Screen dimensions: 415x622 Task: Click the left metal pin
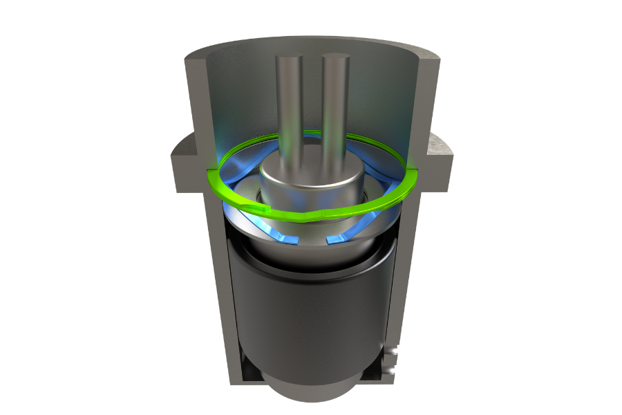coord(288,111)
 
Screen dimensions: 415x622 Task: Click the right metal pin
coord(334,111)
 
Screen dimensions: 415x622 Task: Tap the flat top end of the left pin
coord(288,58)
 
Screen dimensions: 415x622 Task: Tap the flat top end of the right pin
coord(334,58)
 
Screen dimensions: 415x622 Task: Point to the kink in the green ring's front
coord(315,216)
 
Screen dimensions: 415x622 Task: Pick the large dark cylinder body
coord(311,311)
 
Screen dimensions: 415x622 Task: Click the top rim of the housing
coord(311,44)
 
